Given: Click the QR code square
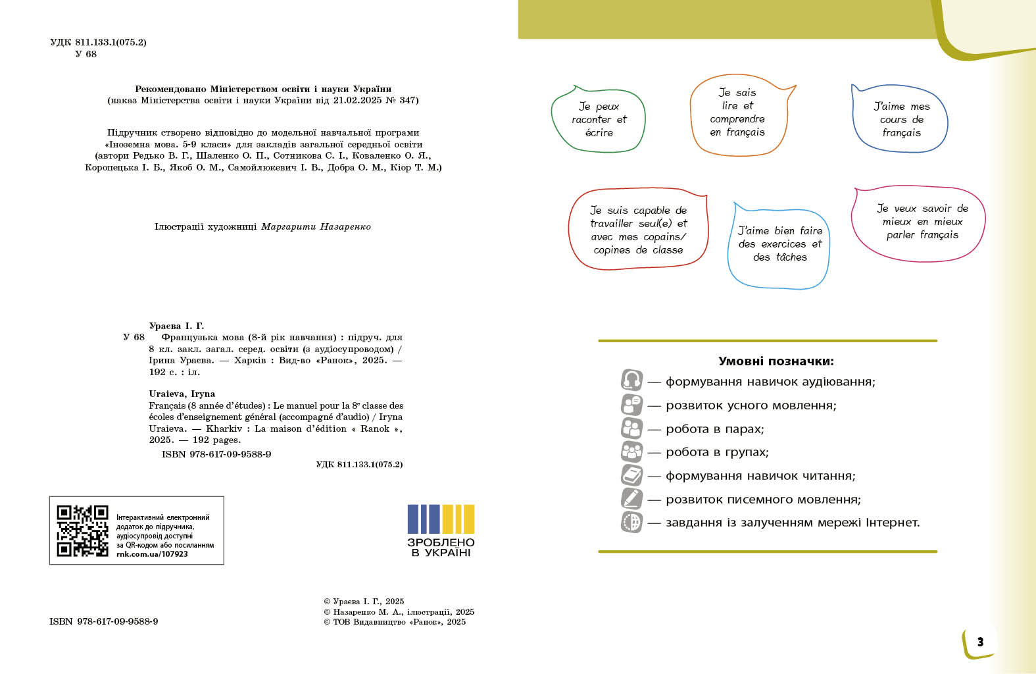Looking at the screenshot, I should point(82,531).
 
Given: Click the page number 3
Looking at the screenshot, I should point(980,642).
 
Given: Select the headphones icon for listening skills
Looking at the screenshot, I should point(631,380).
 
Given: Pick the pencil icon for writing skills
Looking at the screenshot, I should point(631,498).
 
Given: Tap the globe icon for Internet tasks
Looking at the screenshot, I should point(631,522).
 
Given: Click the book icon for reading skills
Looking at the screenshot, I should point(631,475).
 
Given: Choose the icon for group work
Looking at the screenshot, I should point(631,452).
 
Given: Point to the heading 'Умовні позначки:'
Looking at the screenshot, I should point(776,361).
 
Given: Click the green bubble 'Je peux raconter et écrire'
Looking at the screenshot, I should point(599,120).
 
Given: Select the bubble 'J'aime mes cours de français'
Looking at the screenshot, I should point(901,120).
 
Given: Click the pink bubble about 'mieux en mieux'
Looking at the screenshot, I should point(922,222).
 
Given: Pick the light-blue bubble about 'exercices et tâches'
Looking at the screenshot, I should point(779,244).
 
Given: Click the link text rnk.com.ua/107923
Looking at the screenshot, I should point(152,554).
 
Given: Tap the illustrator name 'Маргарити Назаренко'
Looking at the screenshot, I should point(316,226).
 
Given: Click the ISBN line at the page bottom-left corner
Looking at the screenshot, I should point(103,621).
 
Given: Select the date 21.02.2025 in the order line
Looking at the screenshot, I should point(357,101).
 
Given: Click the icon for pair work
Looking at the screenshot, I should point(631,428).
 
